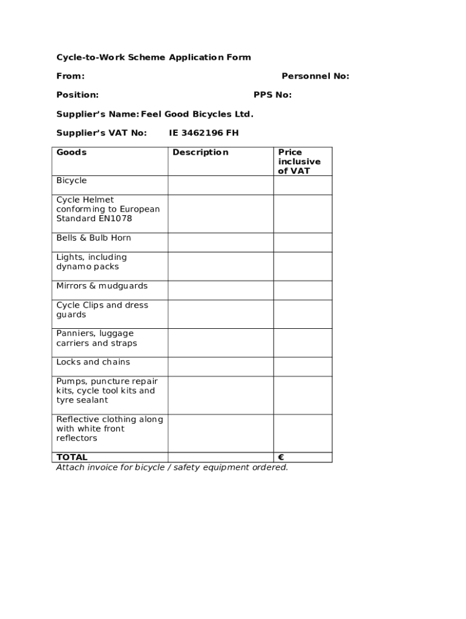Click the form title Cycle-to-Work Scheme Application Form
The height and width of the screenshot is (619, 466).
click(x=153, y=57)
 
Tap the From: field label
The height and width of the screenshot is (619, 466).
click(x=70, y=76)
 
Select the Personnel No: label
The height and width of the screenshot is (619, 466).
click(x=315, y=76)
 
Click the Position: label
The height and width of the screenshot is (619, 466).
click(x=77, y=95)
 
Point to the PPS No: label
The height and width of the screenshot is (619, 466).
click(x=272, y=95)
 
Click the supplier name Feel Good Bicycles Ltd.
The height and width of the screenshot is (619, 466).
click(x=197, y=114)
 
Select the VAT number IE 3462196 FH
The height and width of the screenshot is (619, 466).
click(x=203, y=133)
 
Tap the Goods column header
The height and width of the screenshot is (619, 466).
click(x=71, y=152)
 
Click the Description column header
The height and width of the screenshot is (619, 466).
click(x=200, y=152)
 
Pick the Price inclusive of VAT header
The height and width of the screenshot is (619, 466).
click(x=299, y=161)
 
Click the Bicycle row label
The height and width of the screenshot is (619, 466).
click(x=71, y=181)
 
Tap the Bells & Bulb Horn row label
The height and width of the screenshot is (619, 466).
click(x=93, y=238)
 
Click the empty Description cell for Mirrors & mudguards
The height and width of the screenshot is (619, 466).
click(x=220, y=290)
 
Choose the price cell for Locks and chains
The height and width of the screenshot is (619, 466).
click(x=303, y=366)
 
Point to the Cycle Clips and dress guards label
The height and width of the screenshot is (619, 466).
click(x=102, y=310)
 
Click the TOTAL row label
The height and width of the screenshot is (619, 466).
click(x=71, y=458)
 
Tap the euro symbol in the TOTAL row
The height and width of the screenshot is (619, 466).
click(x=281, y=458)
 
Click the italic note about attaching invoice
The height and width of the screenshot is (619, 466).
click(x=172, y=467)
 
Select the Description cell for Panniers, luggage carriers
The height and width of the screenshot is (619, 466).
click(x=220, y=343)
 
